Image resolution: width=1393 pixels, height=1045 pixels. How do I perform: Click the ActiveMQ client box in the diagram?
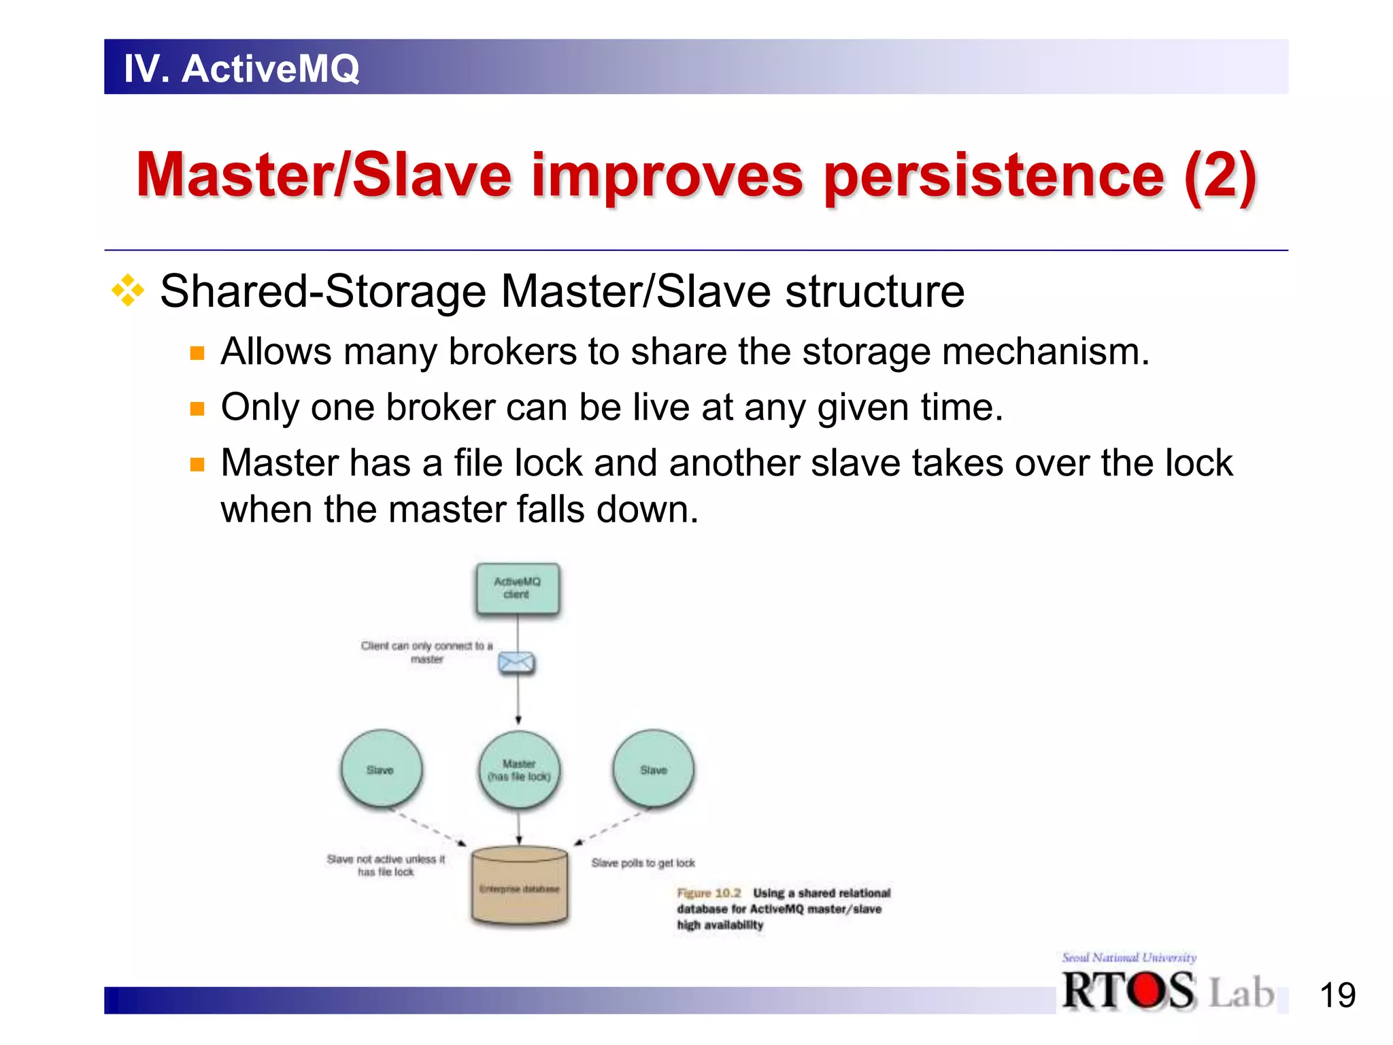pos(518,588)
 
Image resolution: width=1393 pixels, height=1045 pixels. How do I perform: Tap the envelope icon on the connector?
pos(516,663)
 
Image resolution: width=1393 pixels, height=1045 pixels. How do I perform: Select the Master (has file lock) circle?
pos(519,769)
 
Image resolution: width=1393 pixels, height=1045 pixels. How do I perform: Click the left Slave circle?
pos(381,769)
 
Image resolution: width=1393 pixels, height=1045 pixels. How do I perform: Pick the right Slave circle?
pos(653,769)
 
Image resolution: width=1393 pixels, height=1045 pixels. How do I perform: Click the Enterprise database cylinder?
pos(520,885)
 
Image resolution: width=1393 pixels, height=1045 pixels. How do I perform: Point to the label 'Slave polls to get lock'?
pos(643,863)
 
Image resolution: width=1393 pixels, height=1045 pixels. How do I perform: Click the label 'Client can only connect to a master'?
pos(426,652)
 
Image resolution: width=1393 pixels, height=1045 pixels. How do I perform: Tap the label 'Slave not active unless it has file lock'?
pos(386,865)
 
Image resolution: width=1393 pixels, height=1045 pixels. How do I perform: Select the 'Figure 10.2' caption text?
pos(709,893)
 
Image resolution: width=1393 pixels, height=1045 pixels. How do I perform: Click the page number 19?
pos(1337,996)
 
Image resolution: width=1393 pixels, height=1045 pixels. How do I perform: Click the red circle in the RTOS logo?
pos(1147,991)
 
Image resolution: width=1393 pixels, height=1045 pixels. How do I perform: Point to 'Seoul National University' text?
pos(1129,957)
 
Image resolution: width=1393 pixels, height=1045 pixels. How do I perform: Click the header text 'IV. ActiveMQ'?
pos(241,68)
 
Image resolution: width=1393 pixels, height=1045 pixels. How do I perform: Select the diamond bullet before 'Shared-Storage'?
pos(128,291)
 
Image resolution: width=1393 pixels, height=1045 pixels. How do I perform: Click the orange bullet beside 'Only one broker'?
pos(197,409)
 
